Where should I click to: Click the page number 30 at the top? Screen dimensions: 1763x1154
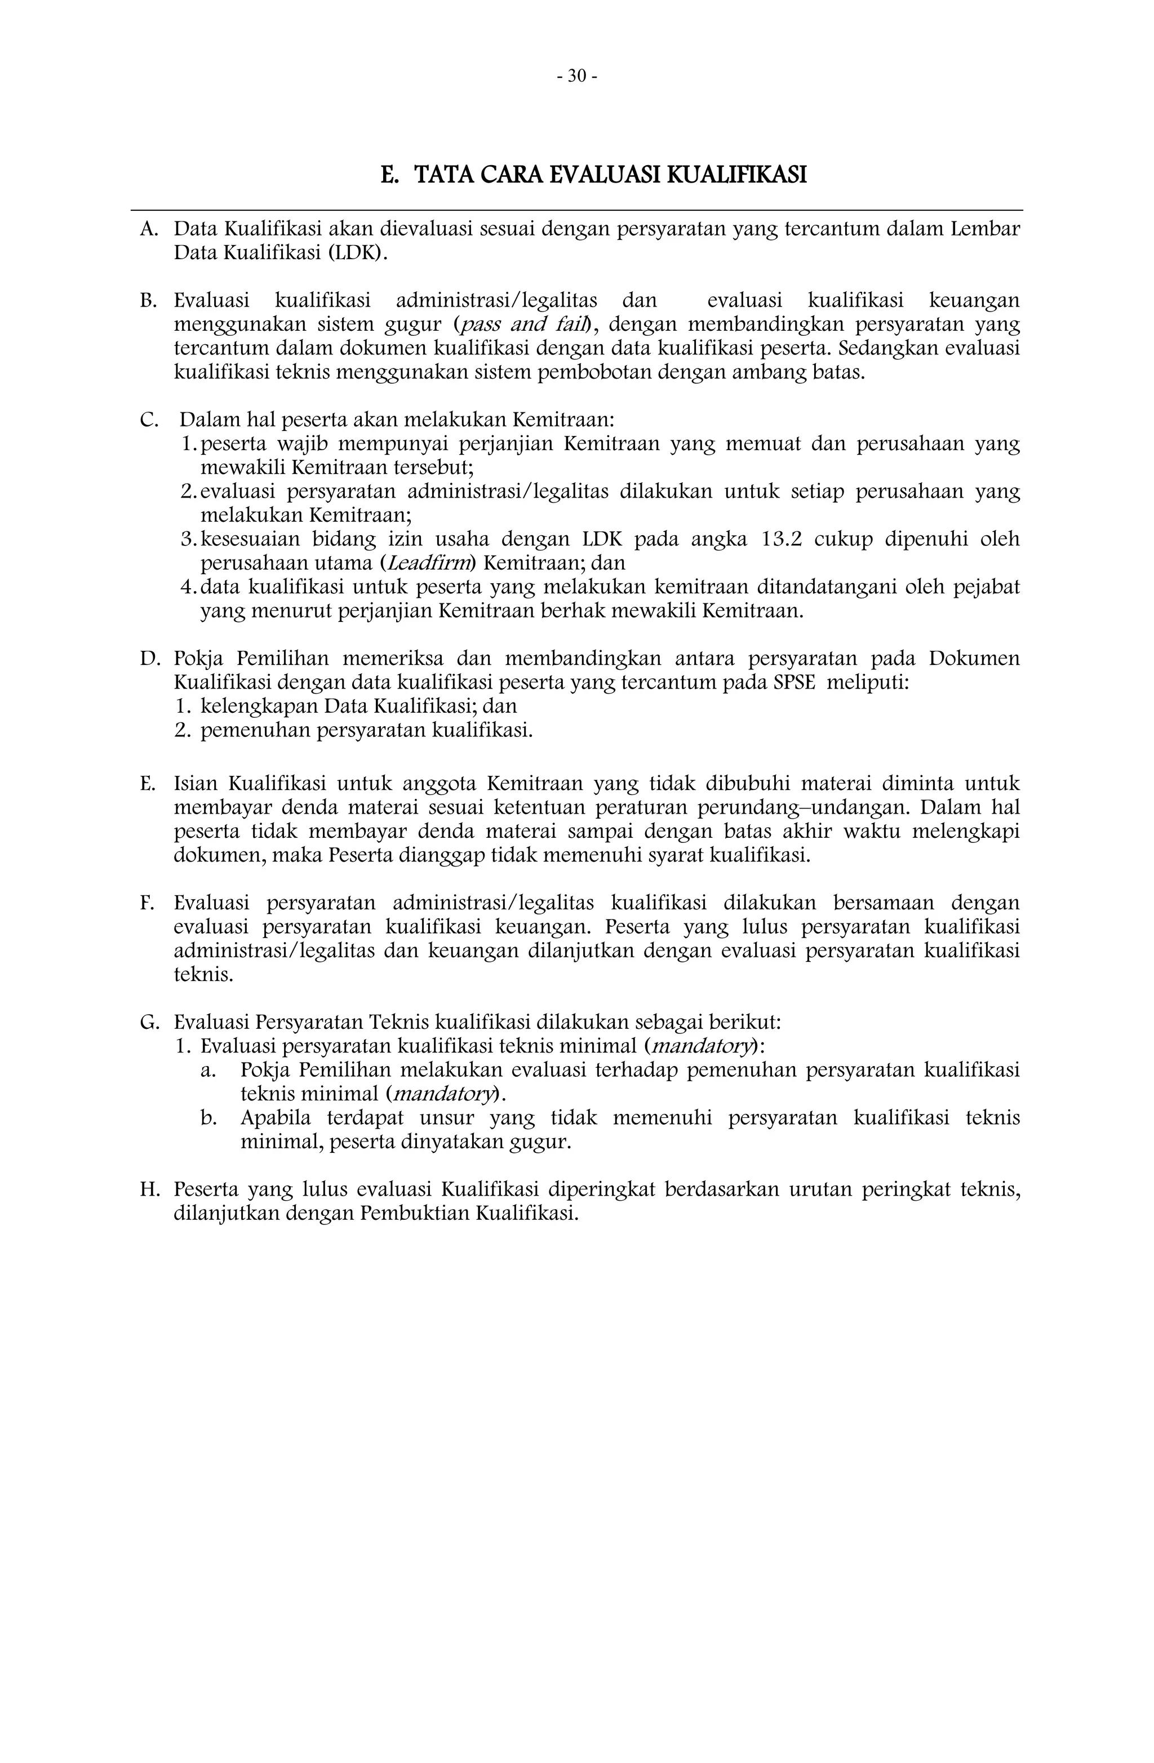[576, 76]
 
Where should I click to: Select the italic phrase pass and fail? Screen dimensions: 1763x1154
[527, 325]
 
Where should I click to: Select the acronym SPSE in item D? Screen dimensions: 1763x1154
[794, 682]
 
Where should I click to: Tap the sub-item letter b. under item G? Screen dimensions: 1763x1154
[209, 1118]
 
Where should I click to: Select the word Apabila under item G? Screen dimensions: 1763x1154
[276, 1118]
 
